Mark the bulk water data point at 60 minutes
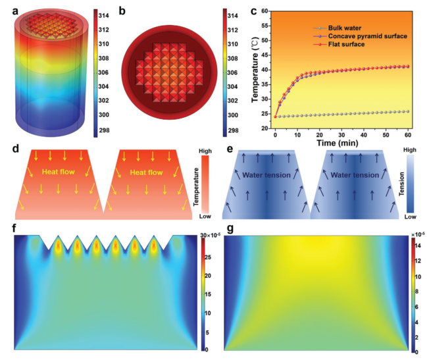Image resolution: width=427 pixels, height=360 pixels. pyautogui.click(x=407, y=111)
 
